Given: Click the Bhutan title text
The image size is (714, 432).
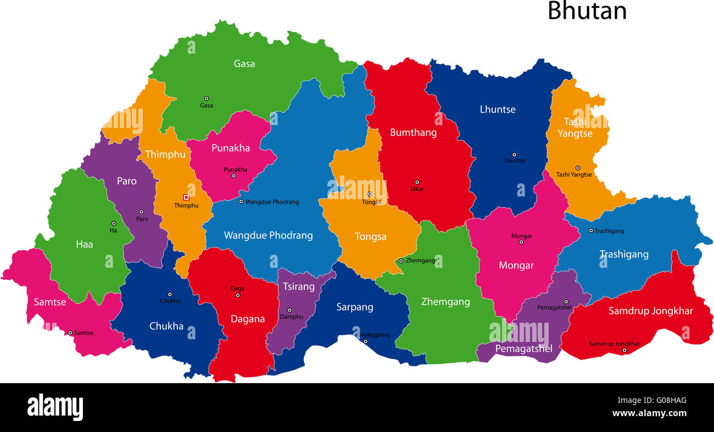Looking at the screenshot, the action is tap(587, 11).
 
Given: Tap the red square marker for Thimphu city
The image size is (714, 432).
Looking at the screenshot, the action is tap(186, 197).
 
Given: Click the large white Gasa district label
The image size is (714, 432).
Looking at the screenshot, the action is tap(244, 64).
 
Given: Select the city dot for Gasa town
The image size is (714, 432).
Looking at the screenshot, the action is tap(207, 98).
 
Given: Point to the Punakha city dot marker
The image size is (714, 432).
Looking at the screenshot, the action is tap(233, 176).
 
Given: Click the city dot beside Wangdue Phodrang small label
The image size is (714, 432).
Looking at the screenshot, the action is tap(241, 201).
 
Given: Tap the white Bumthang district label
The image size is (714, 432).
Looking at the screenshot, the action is tap(413, 132).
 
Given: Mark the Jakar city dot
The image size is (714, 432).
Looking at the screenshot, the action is tap(417, 182).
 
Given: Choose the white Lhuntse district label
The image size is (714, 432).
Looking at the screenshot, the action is tap(498, 109).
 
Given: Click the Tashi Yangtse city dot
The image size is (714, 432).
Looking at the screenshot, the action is tap(577, 168).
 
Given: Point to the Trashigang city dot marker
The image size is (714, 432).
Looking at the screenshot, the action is tap(591, 231).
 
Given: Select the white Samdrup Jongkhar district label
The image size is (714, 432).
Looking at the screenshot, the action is tap(650, 311).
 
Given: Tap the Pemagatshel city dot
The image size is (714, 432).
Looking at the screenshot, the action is tap(566, 301).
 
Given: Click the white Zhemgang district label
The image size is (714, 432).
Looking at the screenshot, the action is tap(445, 301).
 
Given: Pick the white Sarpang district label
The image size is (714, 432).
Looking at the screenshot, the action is tap(355, 307).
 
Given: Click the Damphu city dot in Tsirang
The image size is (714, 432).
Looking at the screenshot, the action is tap(289, 310).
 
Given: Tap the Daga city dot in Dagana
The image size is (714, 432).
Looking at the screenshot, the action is tap(238, 295).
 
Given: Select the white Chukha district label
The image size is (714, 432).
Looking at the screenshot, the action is tap(166, 326).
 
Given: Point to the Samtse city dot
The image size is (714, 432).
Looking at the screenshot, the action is tap(70, 333).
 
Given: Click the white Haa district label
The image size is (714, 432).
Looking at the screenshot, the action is tap(85, 244).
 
